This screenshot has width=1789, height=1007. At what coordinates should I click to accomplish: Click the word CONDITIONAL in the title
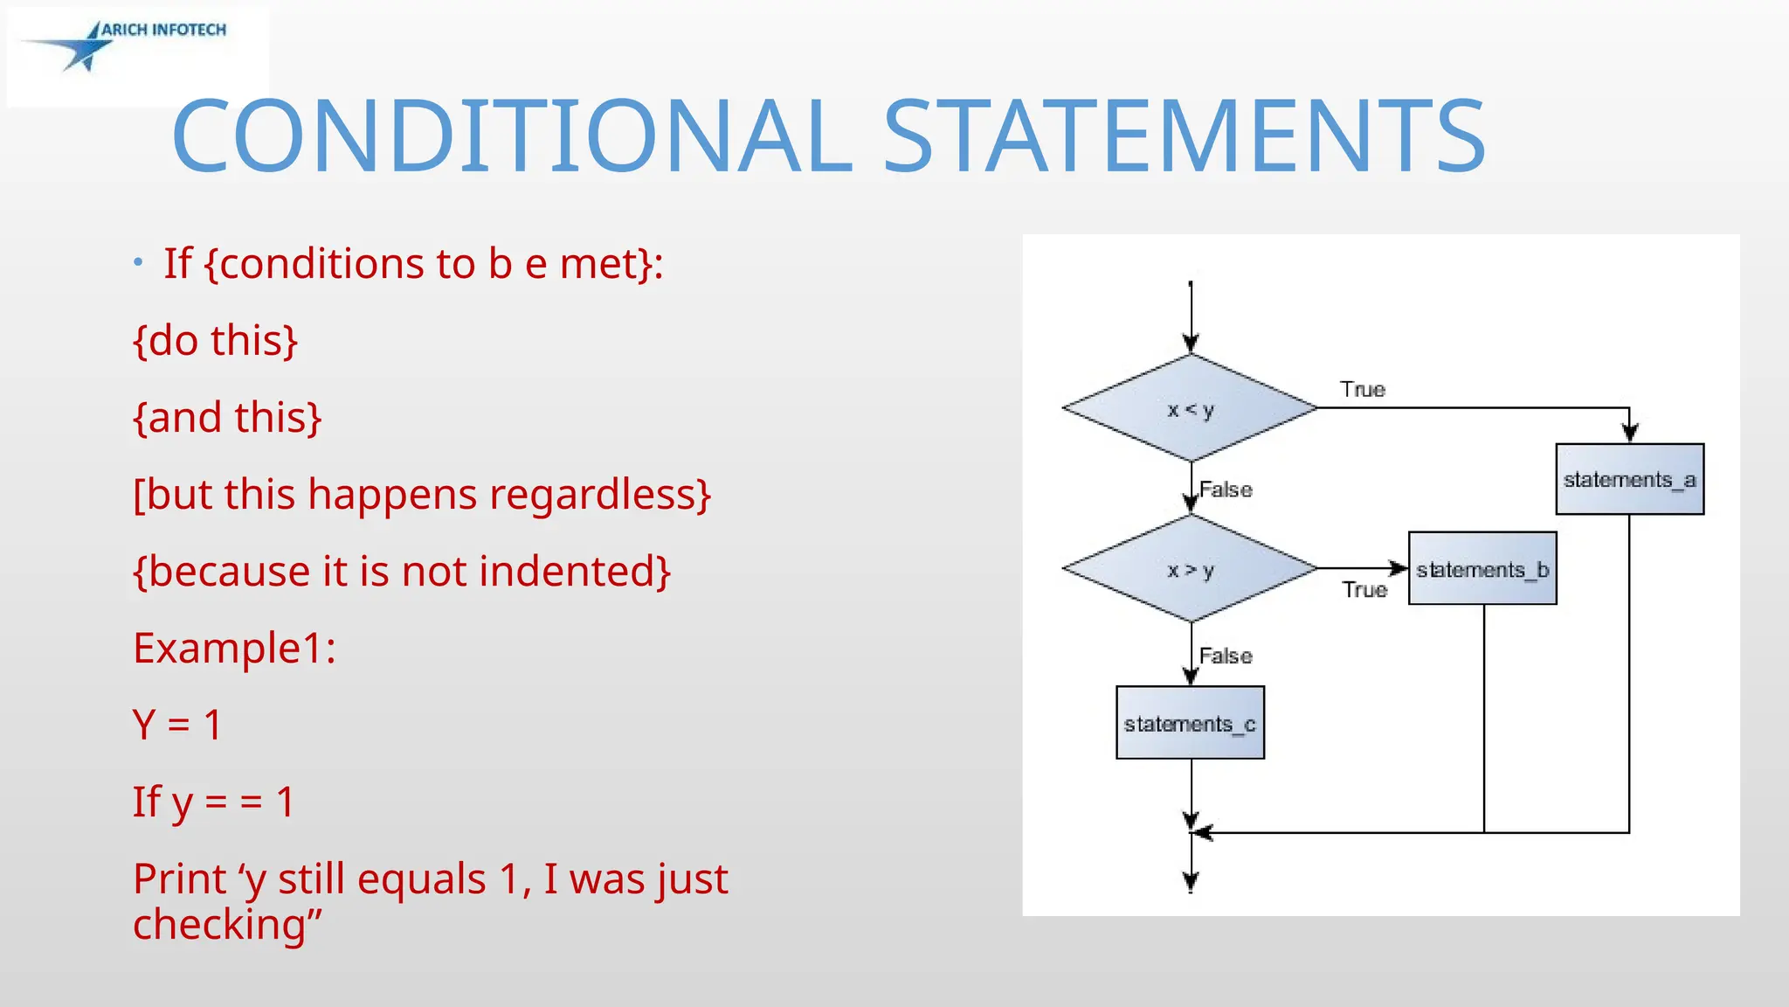[512, 137]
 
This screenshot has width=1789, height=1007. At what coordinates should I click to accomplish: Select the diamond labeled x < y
[1190, 408]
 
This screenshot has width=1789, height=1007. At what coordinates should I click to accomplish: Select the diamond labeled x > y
[1190, 569]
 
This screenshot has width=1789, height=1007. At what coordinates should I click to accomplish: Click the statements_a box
[1629, 479]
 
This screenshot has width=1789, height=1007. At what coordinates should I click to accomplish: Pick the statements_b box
[1482, 569]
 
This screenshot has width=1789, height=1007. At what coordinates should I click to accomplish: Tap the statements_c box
[1190, 723]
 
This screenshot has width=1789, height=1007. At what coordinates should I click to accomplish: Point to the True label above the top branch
[1363, 389]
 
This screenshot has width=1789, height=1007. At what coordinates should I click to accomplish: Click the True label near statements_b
[1364, 590]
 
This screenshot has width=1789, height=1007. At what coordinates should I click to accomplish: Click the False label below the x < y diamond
[1226, 490]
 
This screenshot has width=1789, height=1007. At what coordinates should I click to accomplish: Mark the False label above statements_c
[1226, 656]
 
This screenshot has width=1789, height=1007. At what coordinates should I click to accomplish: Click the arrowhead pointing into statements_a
[1629, 432]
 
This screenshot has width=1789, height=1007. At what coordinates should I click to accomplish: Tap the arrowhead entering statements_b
[1399, 568]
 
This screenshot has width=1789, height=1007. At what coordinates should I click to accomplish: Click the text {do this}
[215, 340]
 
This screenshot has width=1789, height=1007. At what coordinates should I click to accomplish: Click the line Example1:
[234, 648]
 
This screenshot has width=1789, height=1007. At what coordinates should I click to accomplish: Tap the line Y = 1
[177, 725]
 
